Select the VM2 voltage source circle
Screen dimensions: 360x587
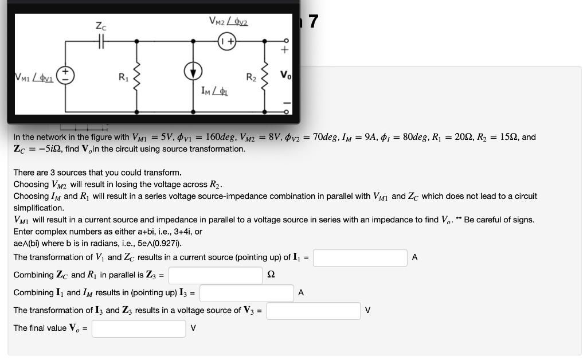tap(228, 42)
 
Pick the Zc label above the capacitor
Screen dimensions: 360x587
tap(100, 26)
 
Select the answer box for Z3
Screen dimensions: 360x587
tap(215, 275)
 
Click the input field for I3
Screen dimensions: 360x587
tap(246, 293)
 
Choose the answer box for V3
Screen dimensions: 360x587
tap(313, 311)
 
